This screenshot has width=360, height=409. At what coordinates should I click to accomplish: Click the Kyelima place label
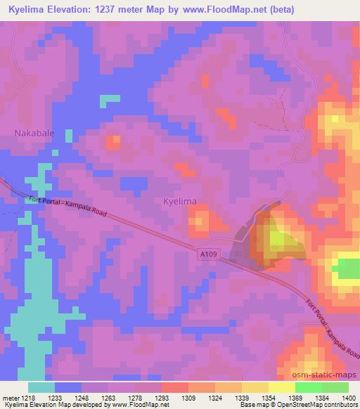click(x=179, y=202)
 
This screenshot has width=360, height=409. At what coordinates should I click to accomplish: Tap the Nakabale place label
click(x=34, y=132)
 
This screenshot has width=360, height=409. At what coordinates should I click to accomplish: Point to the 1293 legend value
click(x=160, y=398)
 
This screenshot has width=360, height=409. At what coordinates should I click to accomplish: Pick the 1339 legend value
click(x=240, y=398)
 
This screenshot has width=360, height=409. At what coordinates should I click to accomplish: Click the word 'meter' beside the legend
click(x=10, y=398)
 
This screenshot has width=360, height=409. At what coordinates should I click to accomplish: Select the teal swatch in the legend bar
click(x=41, y=387)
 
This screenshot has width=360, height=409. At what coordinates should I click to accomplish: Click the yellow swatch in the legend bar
click(x=281, y=387)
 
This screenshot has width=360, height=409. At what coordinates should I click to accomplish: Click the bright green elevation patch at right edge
click(x=348, y=269)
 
